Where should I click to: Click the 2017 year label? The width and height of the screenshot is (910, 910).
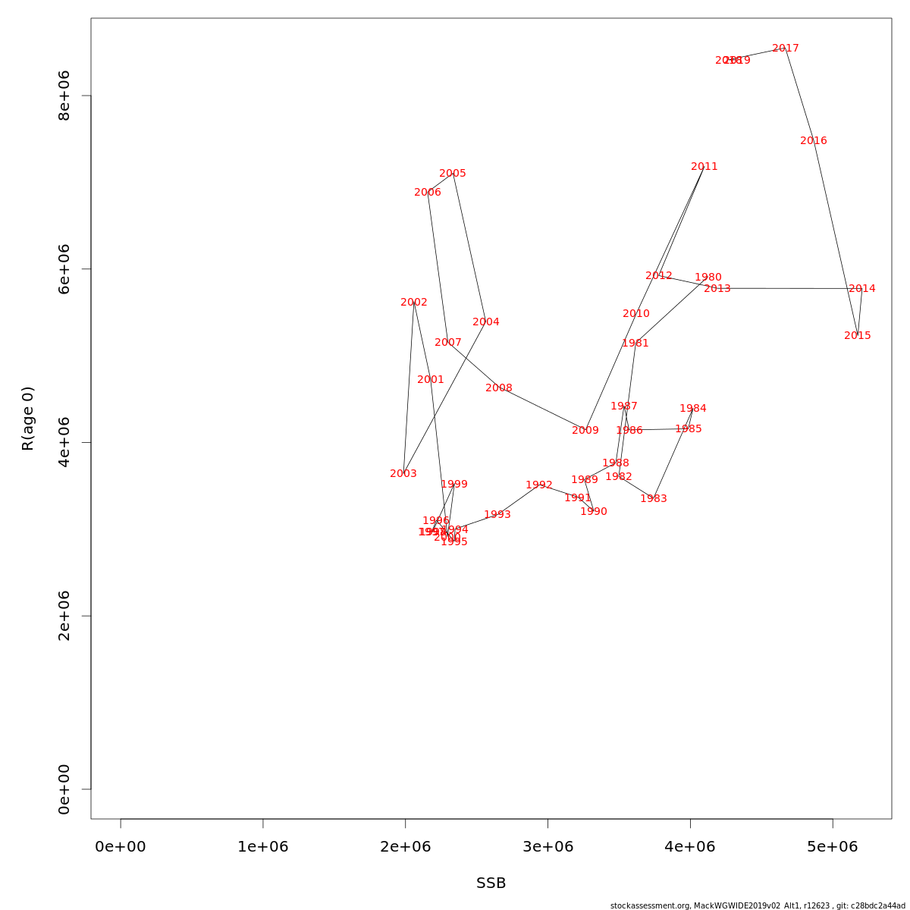click(786, 49)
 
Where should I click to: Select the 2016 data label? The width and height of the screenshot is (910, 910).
click(814, 141)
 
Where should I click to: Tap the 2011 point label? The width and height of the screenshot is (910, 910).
click(704, 167)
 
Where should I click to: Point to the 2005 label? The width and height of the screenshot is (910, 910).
click(453, 174)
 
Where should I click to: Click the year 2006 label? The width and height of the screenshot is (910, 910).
click(428, 193)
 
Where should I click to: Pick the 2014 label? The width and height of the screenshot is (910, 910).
click(862, 289)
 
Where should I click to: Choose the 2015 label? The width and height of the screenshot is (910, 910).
click(858, 336)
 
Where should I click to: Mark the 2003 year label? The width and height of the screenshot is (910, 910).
click(403, 474)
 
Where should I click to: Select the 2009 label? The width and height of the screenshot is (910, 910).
click(585, 431)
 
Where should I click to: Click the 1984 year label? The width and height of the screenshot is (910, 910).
click(693, 409)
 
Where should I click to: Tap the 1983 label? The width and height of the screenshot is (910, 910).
click(654, 499)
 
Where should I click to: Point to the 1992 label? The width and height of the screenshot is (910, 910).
click(539, 485)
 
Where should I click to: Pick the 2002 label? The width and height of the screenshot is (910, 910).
click(414, 303)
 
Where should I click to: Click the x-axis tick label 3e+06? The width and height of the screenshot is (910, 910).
click(548, 847)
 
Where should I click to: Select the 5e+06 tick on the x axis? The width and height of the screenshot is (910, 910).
click(833, 847)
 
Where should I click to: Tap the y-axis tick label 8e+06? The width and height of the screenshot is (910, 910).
click(64, 96)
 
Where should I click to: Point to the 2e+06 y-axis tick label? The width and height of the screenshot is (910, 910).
click(64, 616)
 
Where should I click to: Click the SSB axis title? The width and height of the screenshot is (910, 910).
click(491, 883)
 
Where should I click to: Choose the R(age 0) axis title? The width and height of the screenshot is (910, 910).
click(28, 419)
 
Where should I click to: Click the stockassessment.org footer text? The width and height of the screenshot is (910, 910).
click(758, 905)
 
